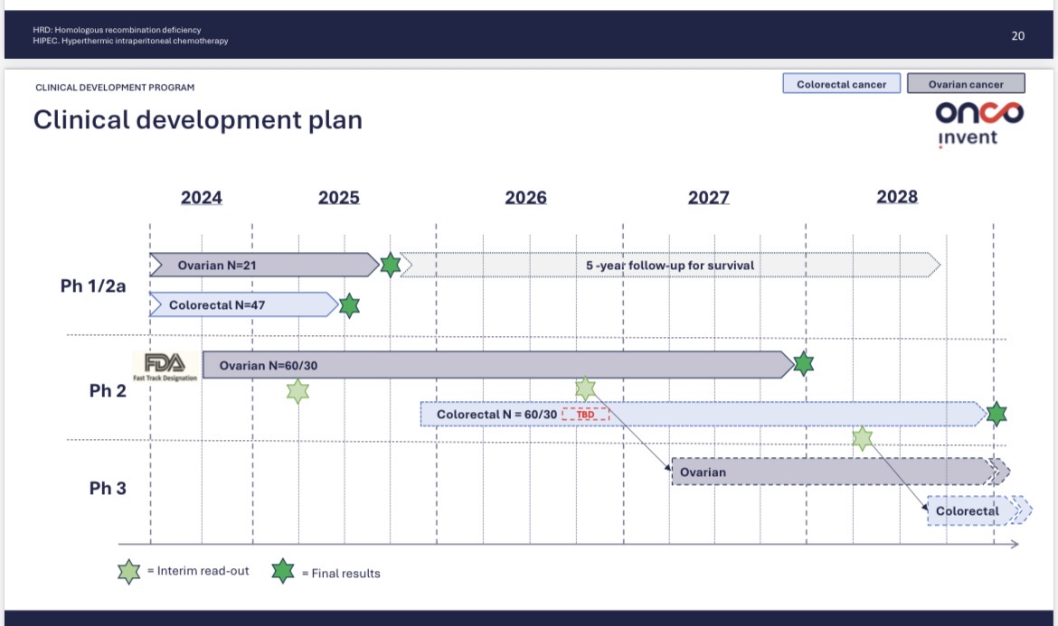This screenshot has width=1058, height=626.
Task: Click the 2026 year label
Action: tap(525, 198)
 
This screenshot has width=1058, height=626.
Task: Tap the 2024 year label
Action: tap(201, 198)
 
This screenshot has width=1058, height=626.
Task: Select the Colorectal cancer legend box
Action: tap(841, 83)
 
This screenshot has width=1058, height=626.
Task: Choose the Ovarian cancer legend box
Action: tap(966, 83)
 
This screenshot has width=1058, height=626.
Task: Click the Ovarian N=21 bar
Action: tap(264, 265)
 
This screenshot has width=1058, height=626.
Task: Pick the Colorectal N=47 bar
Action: tap(243, 304)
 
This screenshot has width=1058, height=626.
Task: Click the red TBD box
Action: tap(586, 415)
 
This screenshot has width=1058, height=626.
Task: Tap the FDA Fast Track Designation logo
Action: tap(165, 367)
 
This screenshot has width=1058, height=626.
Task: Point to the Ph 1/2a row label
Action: tap(93, 285)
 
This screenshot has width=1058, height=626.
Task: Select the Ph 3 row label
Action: tap(108, 488)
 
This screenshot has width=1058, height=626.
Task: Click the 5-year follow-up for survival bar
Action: tap(670, 265)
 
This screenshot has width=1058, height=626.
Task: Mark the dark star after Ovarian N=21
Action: tap(390, 265)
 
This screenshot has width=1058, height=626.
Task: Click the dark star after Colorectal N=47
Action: tap(349, 305)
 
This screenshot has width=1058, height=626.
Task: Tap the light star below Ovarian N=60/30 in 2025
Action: tap(298, 391)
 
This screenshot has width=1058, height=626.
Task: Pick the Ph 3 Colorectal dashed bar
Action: tap(979, 510)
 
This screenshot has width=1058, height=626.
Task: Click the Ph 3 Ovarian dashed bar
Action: tap(841, 472)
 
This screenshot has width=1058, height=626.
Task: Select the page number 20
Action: tap(1017, 36)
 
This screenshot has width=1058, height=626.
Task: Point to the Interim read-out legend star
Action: tap(129, 572)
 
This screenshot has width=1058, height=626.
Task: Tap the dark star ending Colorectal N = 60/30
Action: tap(997, 414)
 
